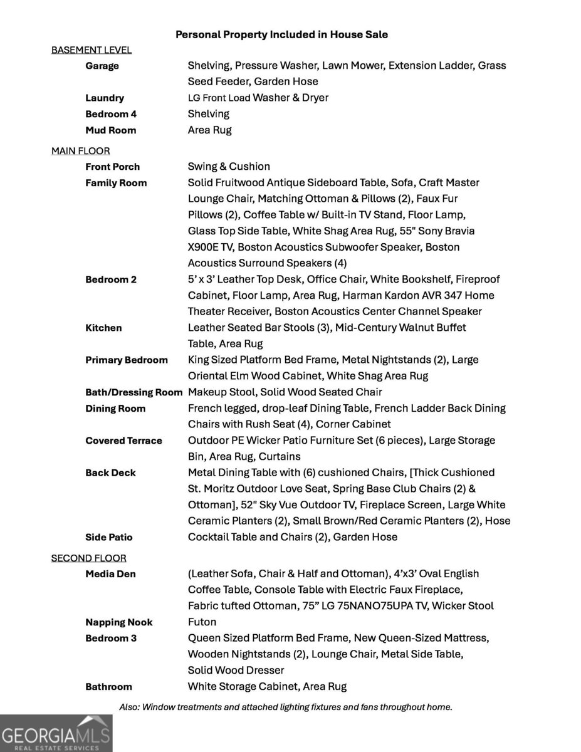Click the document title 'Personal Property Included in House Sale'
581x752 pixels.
(x=281, y=34)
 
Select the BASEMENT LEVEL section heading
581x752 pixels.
(x=92, y=50)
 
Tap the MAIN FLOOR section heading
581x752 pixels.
(x=80, y=151)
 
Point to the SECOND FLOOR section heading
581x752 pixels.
(x=88, y=558)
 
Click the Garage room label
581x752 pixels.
(x=102, y=66)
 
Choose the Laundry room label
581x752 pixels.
(x=105, y=98)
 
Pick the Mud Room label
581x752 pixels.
(x=110, y=130)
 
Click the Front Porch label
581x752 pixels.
(x=113, y=167)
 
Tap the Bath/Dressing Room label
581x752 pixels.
(x=133, y=392)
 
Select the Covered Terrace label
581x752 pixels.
(x=123, y=441)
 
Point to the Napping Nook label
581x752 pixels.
(x=119, y=622)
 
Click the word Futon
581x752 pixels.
(x=202, y=622)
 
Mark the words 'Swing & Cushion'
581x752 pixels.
(x=229, y=167)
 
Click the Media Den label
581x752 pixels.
(x=110, y=574)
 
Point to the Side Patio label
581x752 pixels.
(x=109, y=537)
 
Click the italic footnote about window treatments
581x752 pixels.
(x=285, y=707)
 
